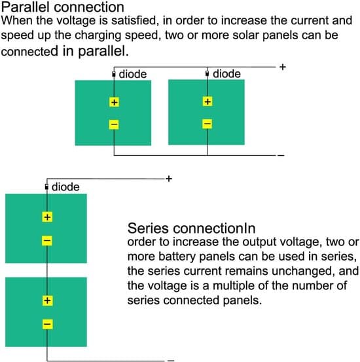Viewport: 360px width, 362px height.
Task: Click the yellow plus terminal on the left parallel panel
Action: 114,102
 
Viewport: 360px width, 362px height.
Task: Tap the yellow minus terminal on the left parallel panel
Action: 114,124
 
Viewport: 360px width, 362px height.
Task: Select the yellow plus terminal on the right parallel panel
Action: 207,101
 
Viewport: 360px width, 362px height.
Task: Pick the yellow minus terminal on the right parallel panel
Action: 207,124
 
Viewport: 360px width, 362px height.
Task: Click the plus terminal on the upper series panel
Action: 47,217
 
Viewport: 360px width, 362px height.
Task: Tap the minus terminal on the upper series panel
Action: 47,241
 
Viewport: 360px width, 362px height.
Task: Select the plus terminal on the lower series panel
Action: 47,300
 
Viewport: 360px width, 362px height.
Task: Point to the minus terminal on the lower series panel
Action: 47,324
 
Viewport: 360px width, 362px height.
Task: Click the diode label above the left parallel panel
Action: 133,75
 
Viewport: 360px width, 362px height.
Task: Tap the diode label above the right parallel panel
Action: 226,74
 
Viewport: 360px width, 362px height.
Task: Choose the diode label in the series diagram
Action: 65,187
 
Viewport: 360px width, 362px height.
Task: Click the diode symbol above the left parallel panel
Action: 114,75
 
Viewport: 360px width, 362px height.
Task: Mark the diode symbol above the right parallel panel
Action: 207,74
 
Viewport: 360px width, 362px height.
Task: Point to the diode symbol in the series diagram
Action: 46,187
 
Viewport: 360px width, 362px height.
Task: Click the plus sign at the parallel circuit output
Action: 283,67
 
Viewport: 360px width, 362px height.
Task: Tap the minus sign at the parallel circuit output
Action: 281,155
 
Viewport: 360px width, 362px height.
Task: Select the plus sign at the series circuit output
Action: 169,179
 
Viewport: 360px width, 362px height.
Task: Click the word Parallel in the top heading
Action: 26,7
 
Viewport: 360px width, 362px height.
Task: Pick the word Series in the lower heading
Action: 148,228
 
